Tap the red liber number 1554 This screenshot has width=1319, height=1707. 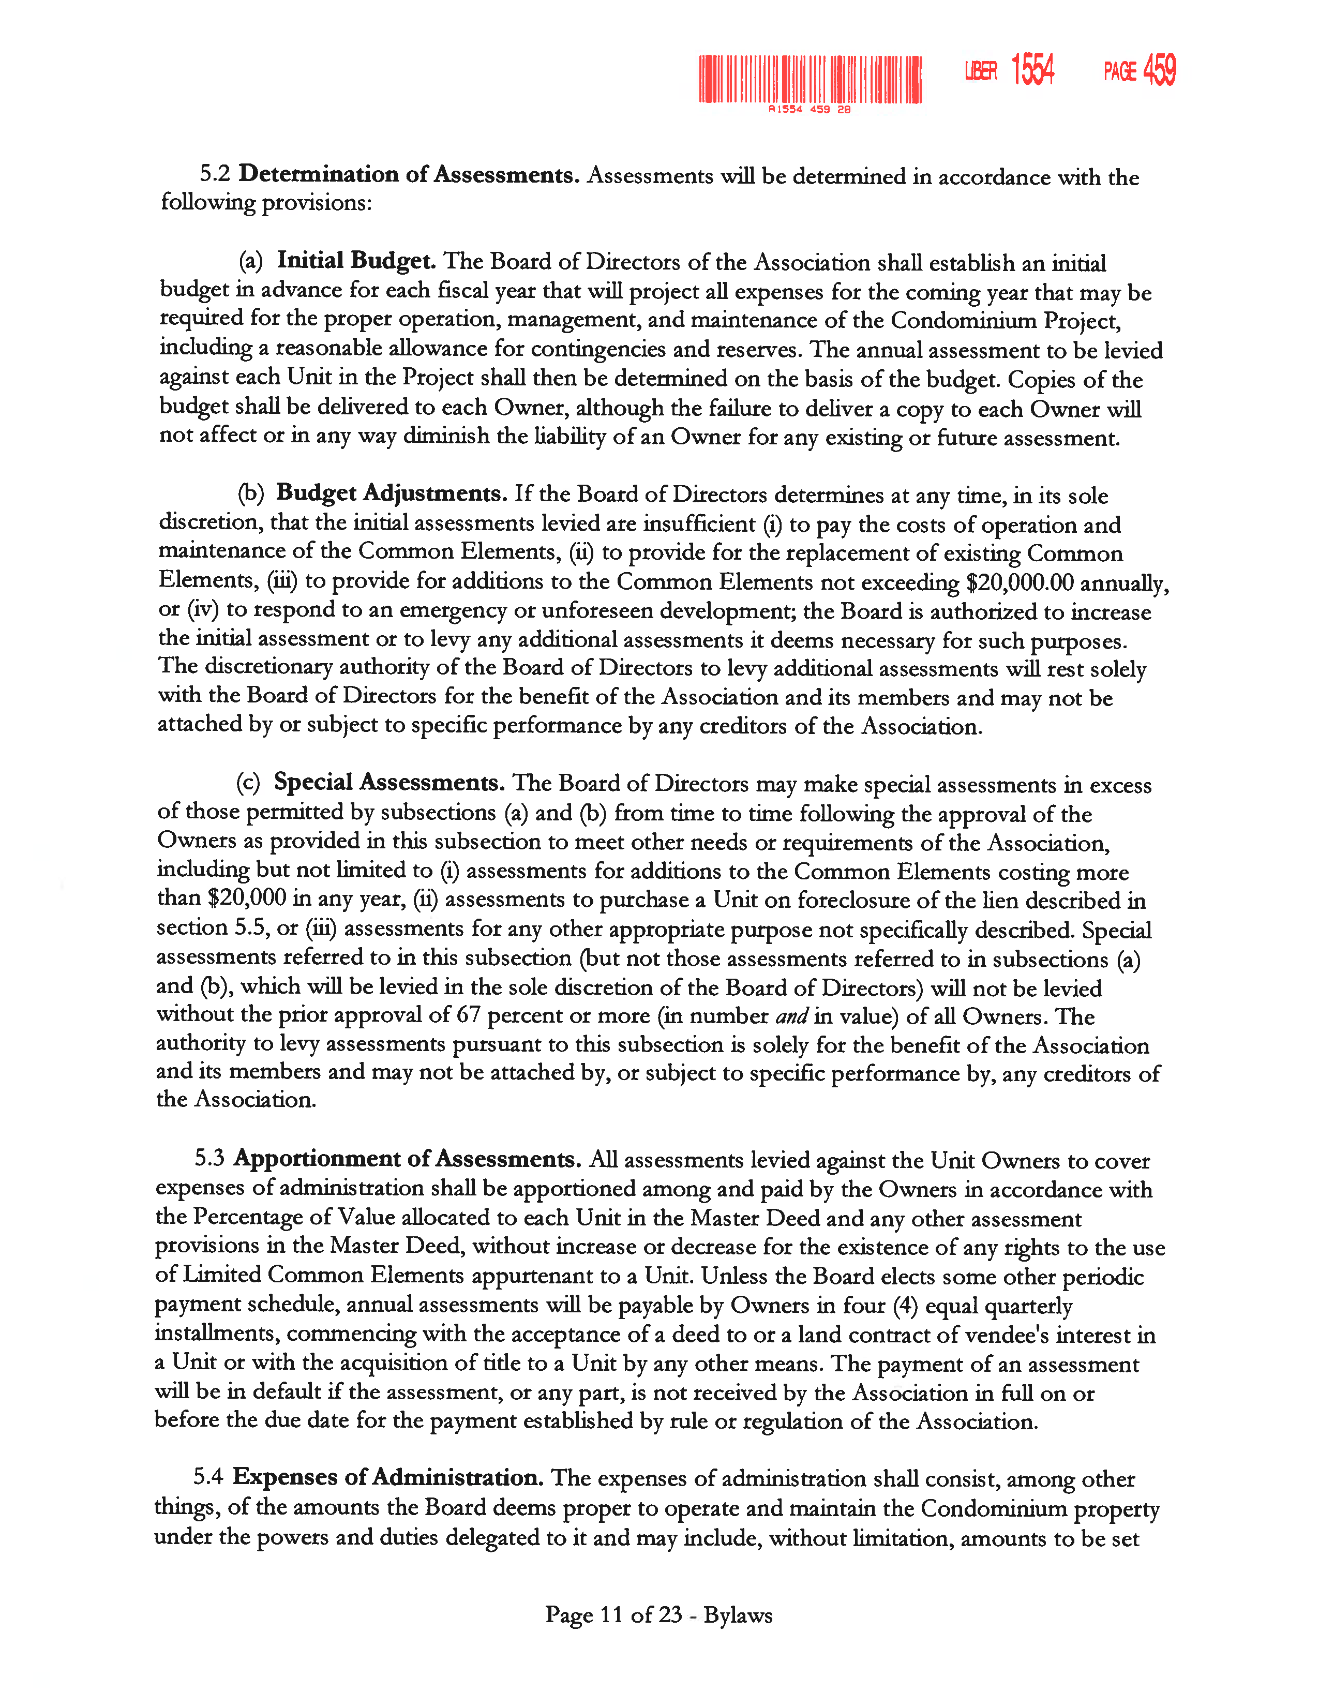click(1032, 70)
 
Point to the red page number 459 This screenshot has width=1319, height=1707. click(1160, 70)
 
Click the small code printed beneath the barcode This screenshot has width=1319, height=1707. click(810, 110)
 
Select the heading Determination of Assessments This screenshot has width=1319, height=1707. click(409, 174)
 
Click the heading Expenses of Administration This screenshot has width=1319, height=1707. click(387, 1477)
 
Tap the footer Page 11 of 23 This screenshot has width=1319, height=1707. click(613, 1615)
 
